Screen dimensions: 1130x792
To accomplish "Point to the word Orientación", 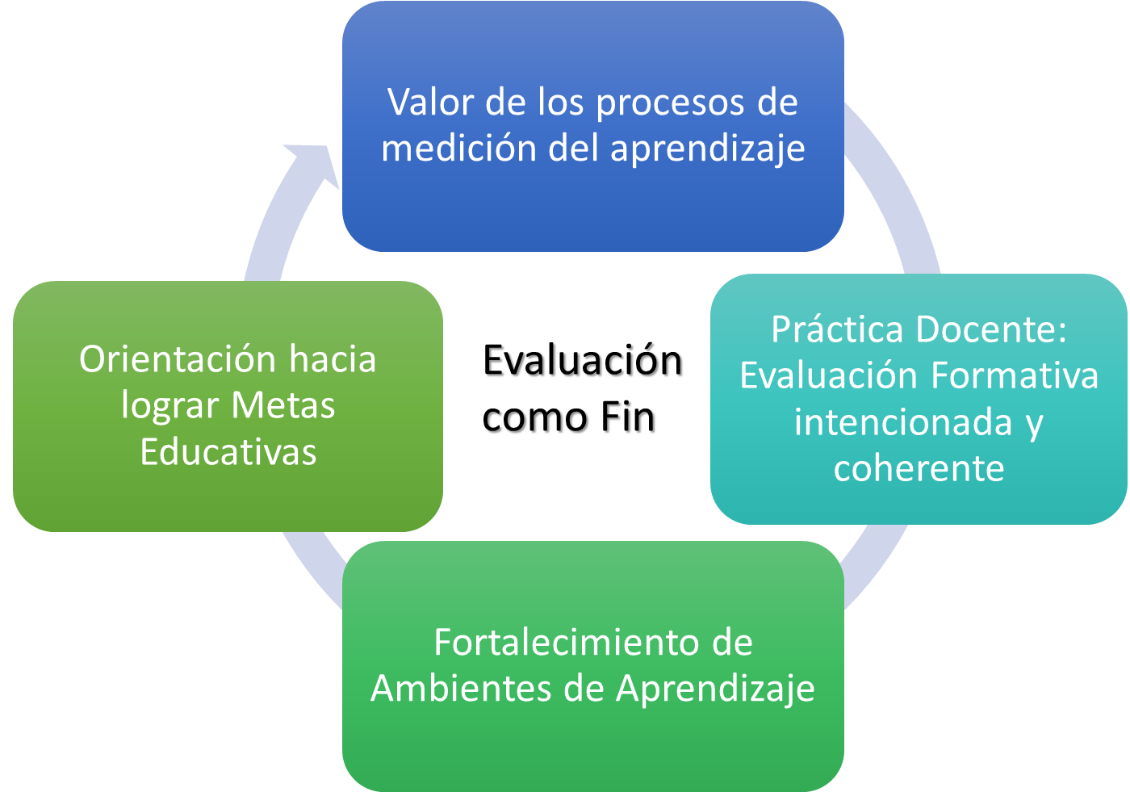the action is click(177, 358).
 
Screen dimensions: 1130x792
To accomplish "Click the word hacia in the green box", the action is click(333, 358).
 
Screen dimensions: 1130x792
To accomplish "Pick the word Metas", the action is click(283, 405).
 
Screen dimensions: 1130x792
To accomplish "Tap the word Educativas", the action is click(228, 451).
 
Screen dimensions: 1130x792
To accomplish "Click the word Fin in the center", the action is click(628, 417).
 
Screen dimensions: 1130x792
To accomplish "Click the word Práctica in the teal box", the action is click(837, 329).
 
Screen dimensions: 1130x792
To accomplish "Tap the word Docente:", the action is click(991, 329).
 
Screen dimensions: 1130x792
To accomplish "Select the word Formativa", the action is click(1015, 375).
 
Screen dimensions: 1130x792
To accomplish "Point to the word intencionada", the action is click(903, 421).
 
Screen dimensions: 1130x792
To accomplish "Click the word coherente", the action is click(919, 468).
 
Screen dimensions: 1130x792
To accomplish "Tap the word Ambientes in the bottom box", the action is click(461, 688).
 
